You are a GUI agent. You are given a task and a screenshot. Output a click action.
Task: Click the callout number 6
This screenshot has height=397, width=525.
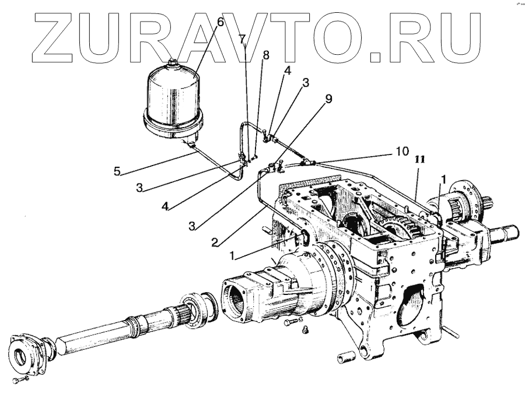coord(220,23)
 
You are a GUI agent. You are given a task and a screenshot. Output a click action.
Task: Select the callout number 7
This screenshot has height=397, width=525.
coord(242,39)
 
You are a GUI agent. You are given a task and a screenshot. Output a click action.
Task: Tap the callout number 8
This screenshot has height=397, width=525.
coord(266,55)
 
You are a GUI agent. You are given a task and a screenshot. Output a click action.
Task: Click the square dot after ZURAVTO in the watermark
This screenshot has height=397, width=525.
coord(381,57)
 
